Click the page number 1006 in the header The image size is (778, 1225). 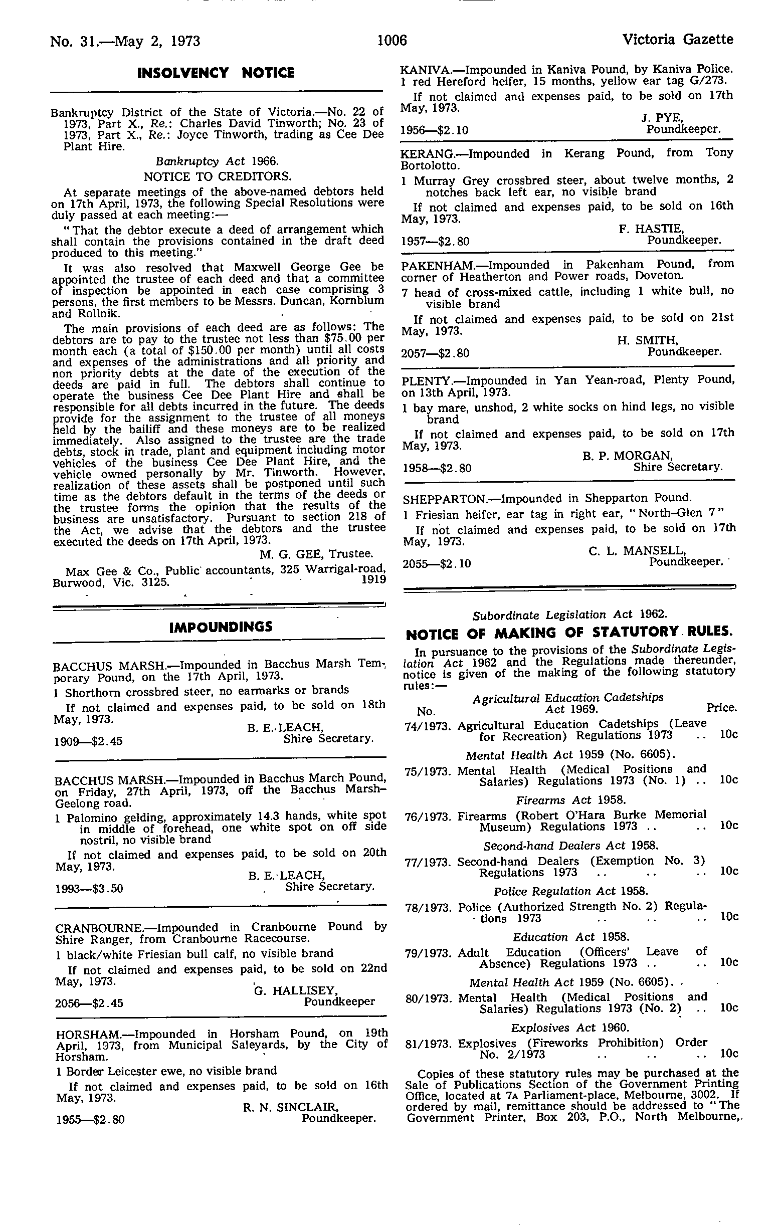tap(393, 40)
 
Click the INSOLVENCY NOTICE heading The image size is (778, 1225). tap(216, 73)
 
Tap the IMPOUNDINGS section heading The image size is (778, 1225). tap(221, 627)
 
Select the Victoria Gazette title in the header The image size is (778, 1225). tap(677, 40)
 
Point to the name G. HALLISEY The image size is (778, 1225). tap(296, 990)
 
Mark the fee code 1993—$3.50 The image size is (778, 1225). tap(89, 889)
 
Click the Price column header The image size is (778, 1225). tap(721, 708)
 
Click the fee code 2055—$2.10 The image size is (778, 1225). tap(437, 564)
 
